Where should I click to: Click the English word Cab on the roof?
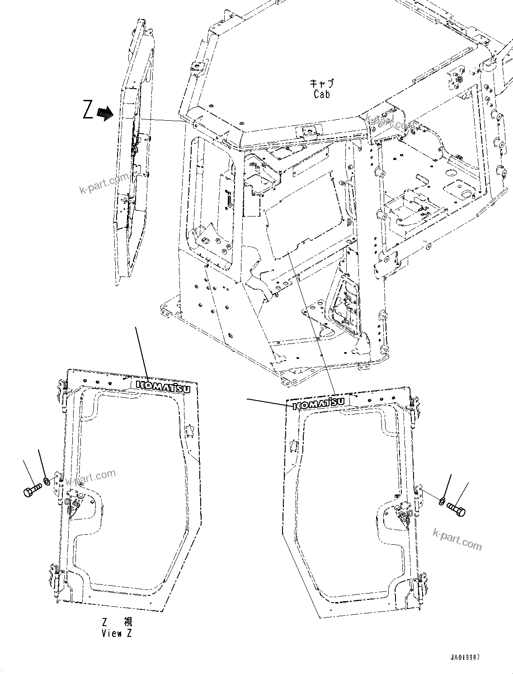click(x=321, y=94)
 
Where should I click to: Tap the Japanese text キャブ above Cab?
click(x=321, y=84)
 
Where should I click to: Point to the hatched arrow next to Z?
click(x=105, y=113)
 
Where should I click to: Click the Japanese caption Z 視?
click(x=117, y=622)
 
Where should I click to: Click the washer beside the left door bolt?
click(x=47, y=480)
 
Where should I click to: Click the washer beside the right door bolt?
click(x=442, y=500)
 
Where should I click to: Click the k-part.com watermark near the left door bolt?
click(x=90, y=477)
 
